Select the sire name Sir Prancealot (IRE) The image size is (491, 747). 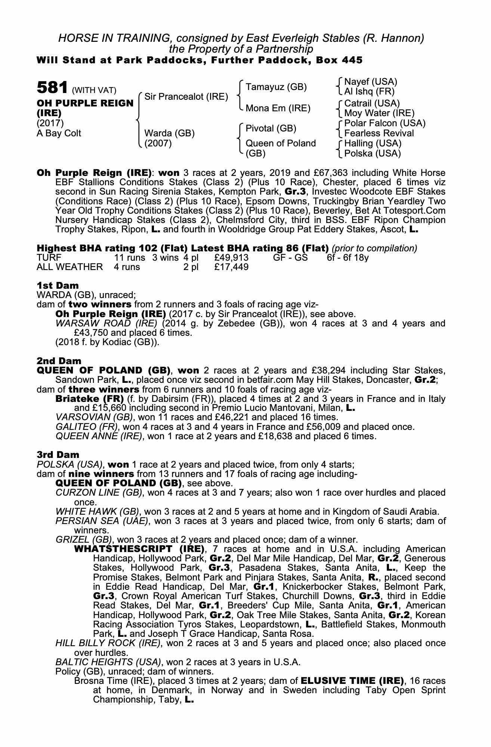[186, 97]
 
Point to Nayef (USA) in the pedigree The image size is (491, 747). [370, 82]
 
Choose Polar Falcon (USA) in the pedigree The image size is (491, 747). [385, 123]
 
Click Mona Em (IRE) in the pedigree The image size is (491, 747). [278, 108]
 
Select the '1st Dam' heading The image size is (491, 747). [58, 286]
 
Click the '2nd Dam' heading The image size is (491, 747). [59, 361]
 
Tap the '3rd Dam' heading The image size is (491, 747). [58, 455]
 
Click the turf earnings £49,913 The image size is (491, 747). [231, 258]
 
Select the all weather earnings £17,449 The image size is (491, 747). [231, 267]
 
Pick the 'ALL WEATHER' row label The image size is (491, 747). [70, 267]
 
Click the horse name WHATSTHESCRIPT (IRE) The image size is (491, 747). [139, 549]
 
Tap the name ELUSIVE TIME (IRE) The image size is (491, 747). [352, 680]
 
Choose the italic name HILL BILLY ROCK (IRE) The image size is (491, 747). [108, 643]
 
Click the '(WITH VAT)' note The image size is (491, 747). [94, 90]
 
